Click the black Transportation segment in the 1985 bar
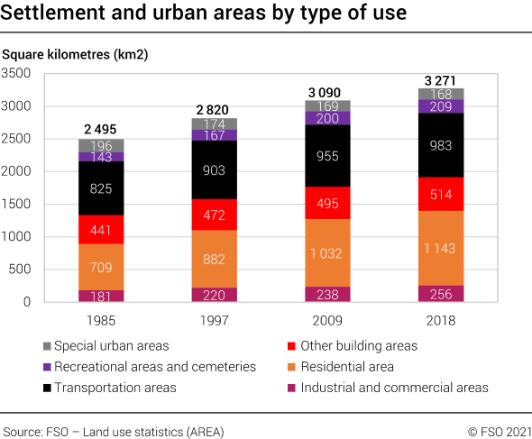point(101,188)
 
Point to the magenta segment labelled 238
point(327,294)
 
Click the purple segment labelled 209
point(442,106)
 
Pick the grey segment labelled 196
point(101,145)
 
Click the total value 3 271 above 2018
point(442,79)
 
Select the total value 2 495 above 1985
point(101,130)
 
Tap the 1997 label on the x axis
point(214,321)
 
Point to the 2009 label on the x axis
point(327,321)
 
